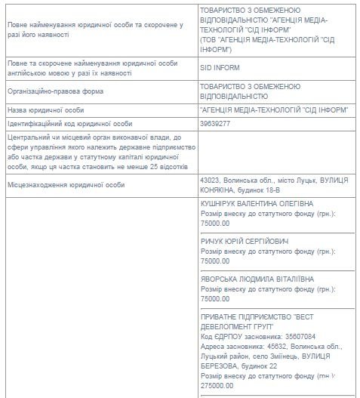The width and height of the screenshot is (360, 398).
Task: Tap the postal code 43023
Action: tap(210, 181)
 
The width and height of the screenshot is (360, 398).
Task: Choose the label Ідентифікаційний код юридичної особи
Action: tap(69, 123)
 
